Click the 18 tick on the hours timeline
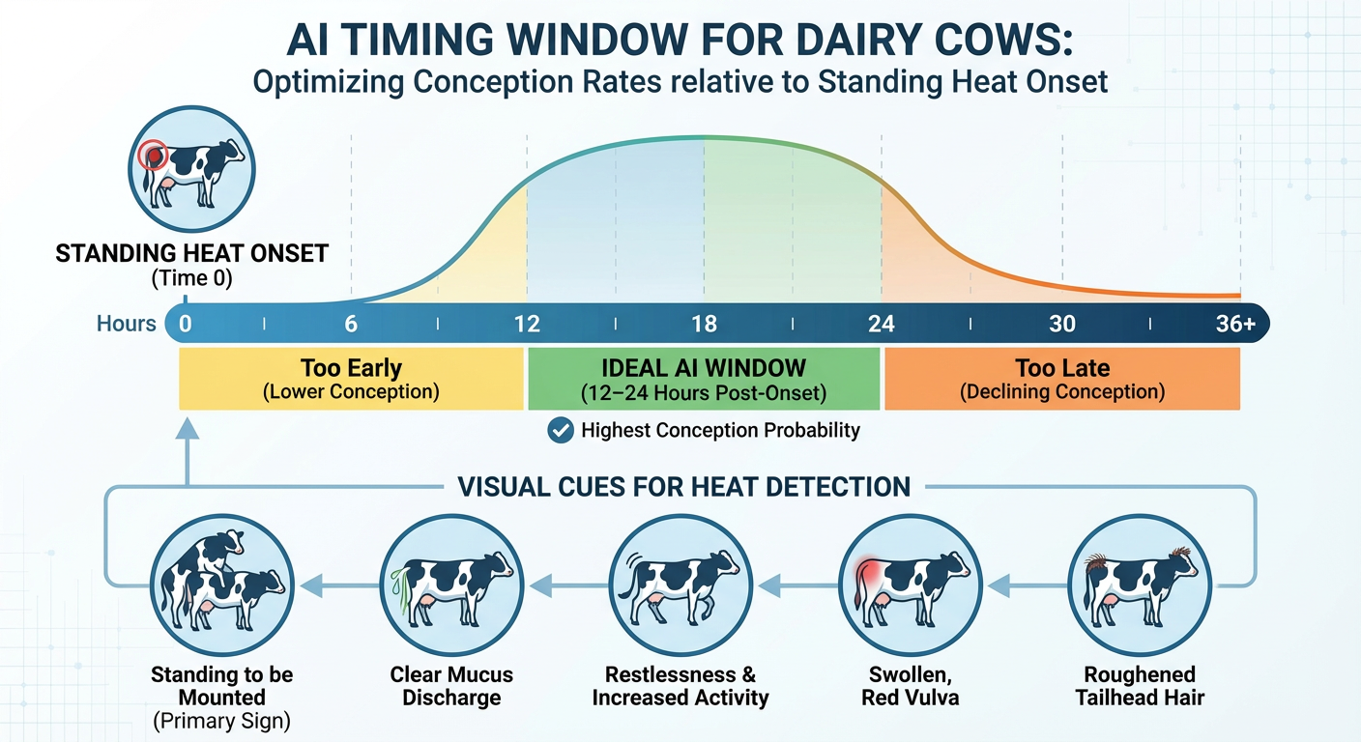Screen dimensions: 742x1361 [x=704, y=324]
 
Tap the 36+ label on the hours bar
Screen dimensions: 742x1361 [x=1235, y=324]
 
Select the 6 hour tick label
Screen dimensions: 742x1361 [x=352, y=324]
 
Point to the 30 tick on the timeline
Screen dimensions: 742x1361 [x=1061, y=324]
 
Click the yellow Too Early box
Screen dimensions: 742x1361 [x=351, y=379]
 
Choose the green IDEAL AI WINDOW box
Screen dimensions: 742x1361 [x=704, y=379]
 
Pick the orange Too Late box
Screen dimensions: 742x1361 [x=1061, y=379]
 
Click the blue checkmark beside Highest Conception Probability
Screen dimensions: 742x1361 [x=560, y=431]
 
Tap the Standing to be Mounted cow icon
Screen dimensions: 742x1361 [x=221, y=583]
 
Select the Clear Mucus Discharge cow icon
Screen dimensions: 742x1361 [x=451, y=583]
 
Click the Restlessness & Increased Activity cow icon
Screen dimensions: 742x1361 [x=680, y=583]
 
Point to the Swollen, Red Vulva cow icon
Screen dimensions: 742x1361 [x=910, y=583]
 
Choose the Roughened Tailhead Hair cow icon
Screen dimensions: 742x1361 [x=1139, y=583]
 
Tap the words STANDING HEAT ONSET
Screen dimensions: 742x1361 [x=191, y=254]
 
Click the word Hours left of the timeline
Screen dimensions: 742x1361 [x=126, y=324]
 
